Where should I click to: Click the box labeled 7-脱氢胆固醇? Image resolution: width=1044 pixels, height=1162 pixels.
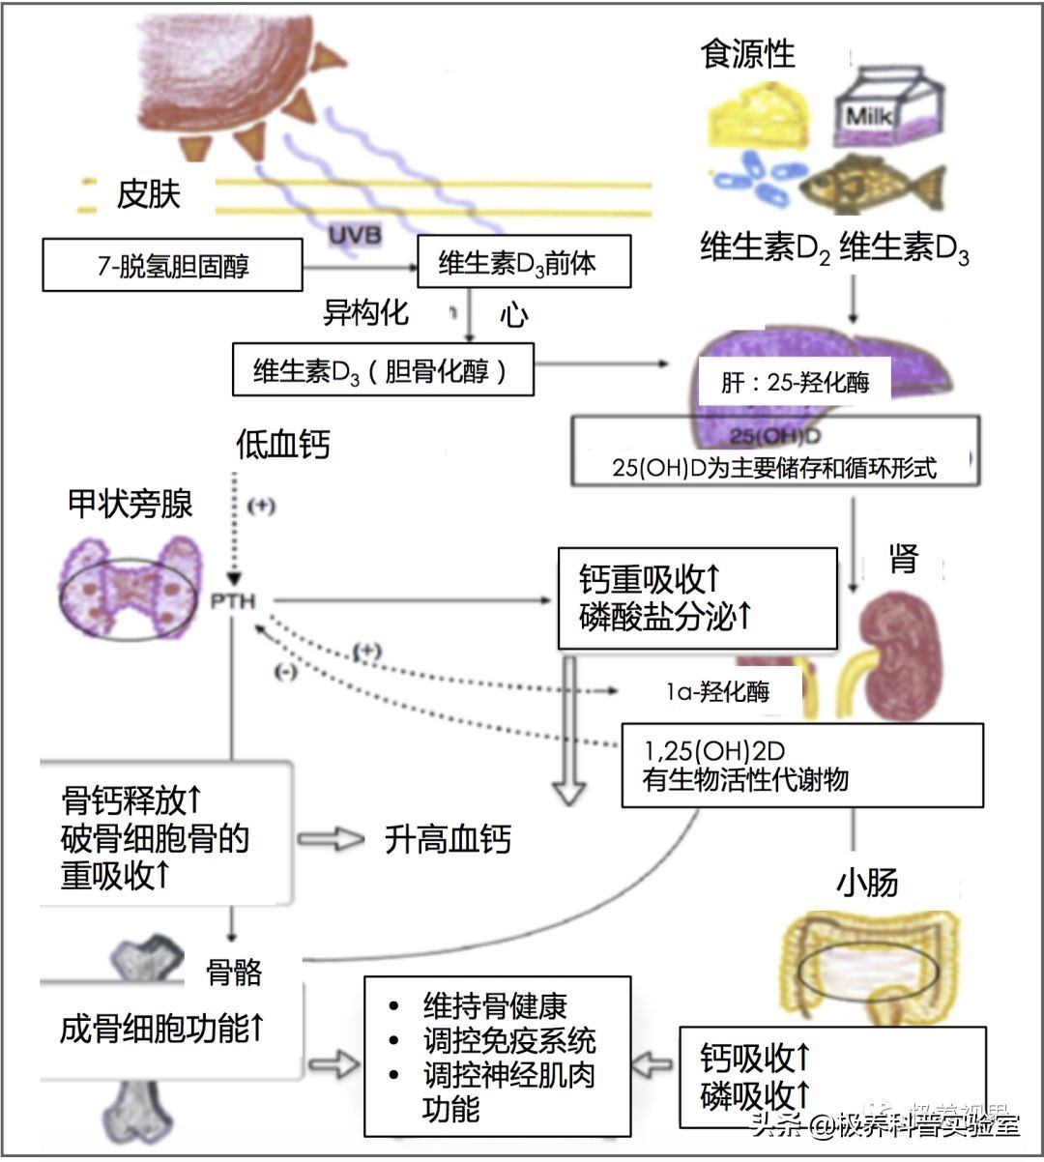pyautogui.click(x=172, y=264)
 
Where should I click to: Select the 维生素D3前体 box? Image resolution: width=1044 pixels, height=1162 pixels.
pyautogui.click(x=523, y=261)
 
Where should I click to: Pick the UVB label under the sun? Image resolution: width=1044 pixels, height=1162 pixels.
pyautogui.click(x=355, y=234)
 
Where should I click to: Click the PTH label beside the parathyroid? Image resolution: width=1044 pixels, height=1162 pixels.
pyautogui.click(x=233, y=601)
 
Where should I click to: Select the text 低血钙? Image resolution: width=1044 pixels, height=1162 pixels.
pyautogui.click(x=282, y=445)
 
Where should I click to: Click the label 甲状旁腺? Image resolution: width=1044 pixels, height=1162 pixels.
pyautogui.click(x=130, y=504)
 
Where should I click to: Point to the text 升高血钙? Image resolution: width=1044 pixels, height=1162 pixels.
pyautogui.click(x=447, y=838)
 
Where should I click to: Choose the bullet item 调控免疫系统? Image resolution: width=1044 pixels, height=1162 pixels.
pyautogui.click(x=509, y=1041)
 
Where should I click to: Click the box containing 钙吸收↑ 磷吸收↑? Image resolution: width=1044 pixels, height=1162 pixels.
pyautogui.click(x=831, y=1077)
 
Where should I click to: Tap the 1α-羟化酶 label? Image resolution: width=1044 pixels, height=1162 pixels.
pyautogui.click(x=717, y=692)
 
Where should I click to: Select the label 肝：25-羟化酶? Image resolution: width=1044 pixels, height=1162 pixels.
pyautogui.click(x=795, y=383)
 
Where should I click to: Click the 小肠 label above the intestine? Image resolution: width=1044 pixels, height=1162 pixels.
pyautogui.click(x=867, y=882)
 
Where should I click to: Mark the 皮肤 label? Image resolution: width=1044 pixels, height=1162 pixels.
pyautogui.click(x=148, y=194)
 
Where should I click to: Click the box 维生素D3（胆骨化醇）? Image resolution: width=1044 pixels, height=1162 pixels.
pyautogui.click(x=383, y=370)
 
